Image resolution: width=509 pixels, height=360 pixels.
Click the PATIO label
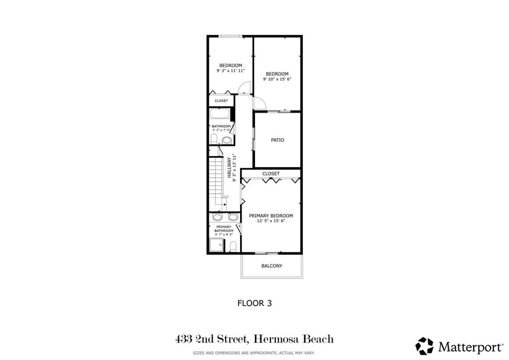(277, 140)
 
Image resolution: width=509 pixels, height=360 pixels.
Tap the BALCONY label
(272, 266)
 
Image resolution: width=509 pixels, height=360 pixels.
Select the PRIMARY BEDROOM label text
(271, 216)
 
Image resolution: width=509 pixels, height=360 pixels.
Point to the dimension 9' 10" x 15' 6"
(277, 79)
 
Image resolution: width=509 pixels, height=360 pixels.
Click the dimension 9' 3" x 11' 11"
(231, 71)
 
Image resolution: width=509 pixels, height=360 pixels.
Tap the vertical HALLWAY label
(230, 168)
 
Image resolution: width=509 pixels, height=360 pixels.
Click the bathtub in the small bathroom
(219, 114)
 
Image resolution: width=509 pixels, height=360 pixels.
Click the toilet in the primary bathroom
(233, 246)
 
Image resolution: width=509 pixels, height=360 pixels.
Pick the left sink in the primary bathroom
(217, 217)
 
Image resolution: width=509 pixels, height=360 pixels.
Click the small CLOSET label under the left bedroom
(221, 101)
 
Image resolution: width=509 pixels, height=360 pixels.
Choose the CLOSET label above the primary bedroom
(271, 174)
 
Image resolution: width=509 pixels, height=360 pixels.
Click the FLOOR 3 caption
(254, 302)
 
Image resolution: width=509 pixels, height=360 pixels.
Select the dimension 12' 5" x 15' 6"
(271, 221)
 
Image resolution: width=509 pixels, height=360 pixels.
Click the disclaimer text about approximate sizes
(254, 354)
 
